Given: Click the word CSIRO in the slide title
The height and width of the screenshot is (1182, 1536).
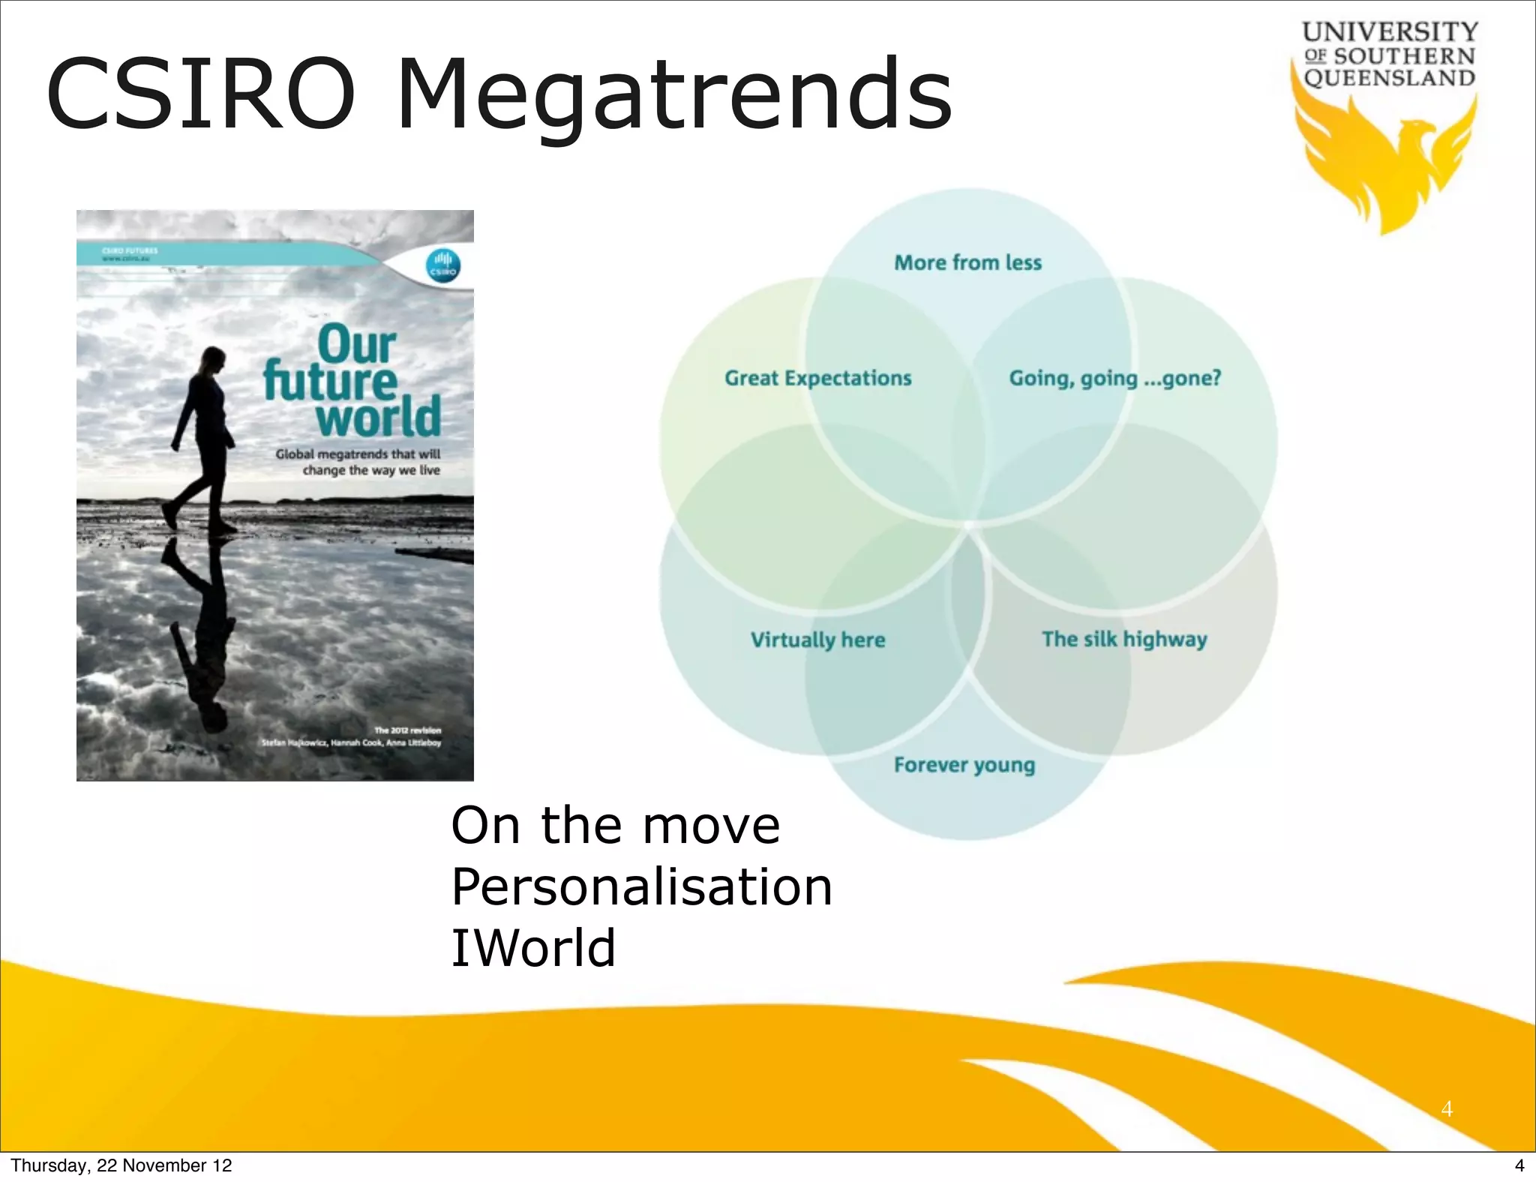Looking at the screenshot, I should click(200, 96).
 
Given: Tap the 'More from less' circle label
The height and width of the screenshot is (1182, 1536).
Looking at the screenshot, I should click(967, 262).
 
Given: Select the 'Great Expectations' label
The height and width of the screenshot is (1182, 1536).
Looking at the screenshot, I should click(817, 378).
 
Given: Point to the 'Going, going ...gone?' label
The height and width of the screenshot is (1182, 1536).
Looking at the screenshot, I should click(1114, 378).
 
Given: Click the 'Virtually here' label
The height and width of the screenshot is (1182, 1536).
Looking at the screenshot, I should click(817, 640).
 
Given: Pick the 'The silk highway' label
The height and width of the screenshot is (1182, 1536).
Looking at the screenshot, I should click(1124, 639).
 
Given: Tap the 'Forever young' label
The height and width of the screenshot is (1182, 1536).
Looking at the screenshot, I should click(964, 765).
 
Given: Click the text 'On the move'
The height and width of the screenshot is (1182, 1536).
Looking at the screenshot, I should click(615, 825).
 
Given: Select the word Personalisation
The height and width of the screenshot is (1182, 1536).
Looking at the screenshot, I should click(641, 886).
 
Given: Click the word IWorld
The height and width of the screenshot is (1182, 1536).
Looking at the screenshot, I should click(532, 948).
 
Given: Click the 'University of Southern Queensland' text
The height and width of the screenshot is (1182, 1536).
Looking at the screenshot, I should click(1390, 55).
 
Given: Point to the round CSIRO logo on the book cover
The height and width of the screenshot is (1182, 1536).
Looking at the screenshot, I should click(442, 266).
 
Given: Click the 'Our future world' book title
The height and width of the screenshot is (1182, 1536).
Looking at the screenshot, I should click(352, 381).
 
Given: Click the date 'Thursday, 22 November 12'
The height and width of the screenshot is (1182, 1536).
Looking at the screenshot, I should click(121, 1165).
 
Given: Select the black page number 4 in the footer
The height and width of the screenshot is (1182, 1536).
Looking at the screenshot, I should click(1519, 1165).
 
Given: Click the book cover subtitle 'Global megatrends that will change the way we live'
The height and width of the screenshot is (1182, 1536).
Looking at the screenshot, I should click(358, 462).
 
